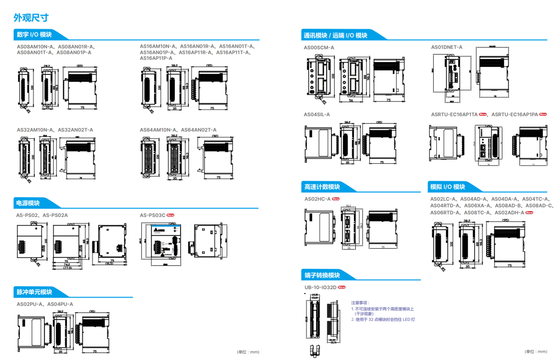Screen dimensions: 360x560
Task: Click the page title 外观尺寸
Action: pyautogui.click(x=31, y=18)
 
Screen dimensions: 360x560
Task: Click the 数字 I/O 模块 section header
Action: pyautogui.click(x=34, y=35)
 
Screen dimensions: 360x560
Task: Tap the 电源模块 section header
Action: pyautogui.click(x=28, y=203)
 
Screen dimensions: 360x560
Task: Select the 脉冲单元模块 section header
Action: pyautogui.click(x=34, y=292)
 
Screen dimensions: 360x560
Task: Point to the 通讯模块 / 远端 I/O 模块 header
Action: pyautogui.click(x=335, y=36)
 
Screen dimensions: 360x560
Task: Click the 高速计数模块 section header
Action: pyautogui.click(x=322, y=187)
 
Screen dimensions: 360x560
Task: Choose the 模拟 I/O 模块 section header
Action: pyautogui.click(x=447, y=187)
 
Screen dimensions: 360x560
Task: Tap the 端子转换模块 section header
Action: pyautogui.click(x=322, y=275)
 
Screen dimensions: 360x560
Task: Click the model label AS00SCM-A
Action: pyautogui.click(x=319, y=48)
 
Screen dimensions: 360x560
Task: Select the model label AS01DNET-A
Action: pyautogui.click(x=447, y=47)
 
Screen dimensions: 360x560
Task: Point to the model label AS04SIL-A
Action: pyautogui.click(x=317, y=114)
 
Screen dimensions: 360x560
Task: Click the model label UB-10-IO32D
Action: pyautogui.click(x=320, y=287)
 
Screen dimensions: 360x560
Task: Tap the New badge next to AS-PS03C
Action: pyautogui.click(x=170, y=215)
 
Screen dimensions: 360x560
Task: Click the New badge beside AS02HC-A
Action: pyautogui.click(x=336, y=199)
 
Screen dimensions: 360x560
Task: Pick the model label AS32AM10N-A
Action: pyautogui.click(x=35, y=130)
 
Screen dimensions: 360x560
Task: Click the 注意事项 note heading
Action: pyautogui.click(x=360, y=303)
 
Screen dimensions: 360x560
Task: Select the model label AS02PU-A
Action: pyautogui.click(x=30, y=304)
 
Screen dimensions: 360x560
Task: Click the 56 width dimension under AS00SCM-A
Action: pyautogui.click(x=351, y=100)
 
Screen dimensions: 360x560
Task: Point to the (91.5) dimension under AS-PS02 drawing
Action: pyautogui.click(x=109, y=264)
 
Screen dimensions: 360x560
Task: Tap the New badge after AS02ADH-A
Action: pyautogui.click(x=529, y=213)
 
